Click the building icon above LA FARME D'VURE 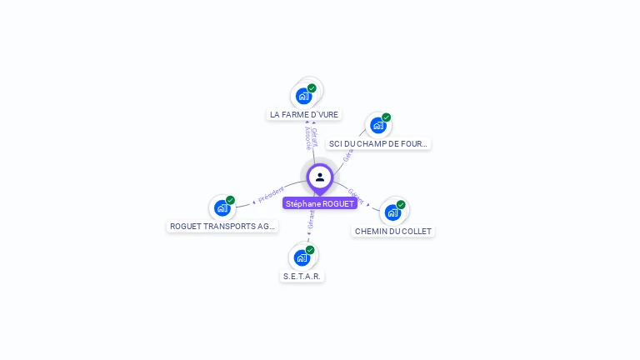pos(303,96)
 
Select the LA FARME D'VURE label pos(304,114)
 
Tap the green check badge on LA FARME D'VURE pos(312,88)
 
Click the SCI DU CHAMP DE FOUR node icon pos(378,126)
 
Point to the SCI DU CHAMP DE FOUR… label pos(379,143)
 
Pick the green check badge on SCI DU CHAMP pos(386,117)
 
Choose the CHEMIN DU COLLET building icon pos(392,212)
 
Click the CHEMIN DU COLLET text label pos(393,231)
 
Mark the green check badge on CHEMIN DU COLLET pos(401,205)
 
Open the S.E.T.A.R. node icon pos(302,257)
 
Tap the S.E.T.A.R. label pos(302,276)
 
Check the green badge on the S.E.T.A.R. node pos(310,250)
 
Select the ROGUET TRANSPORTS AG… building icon pos(222,207)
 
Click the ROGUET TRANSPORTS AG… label pos(222,226)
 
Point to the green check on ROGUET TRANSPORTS pos(230,200)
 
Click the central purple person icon pos(320,177)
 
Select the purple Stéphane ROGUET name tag pos(320,203)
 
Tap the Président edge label pos(271,194)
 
